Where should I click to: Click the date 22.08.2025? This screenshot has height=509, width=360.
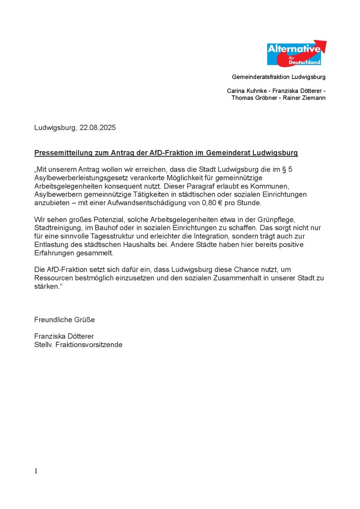[98, 128]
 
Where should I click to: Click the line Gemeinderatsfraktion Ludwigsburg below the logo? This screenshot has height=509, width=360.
[279, 77]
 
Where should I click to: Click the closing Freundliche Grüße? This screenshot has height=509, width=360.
[64, 320]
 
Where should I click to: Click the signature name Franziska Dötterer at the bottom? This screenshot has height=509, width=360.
[64, 336]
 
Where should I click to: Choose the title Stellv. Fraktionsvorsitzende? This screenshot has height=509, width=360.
[78, 345]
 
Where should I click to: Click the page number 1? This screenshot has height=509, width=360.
[36, 471]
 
